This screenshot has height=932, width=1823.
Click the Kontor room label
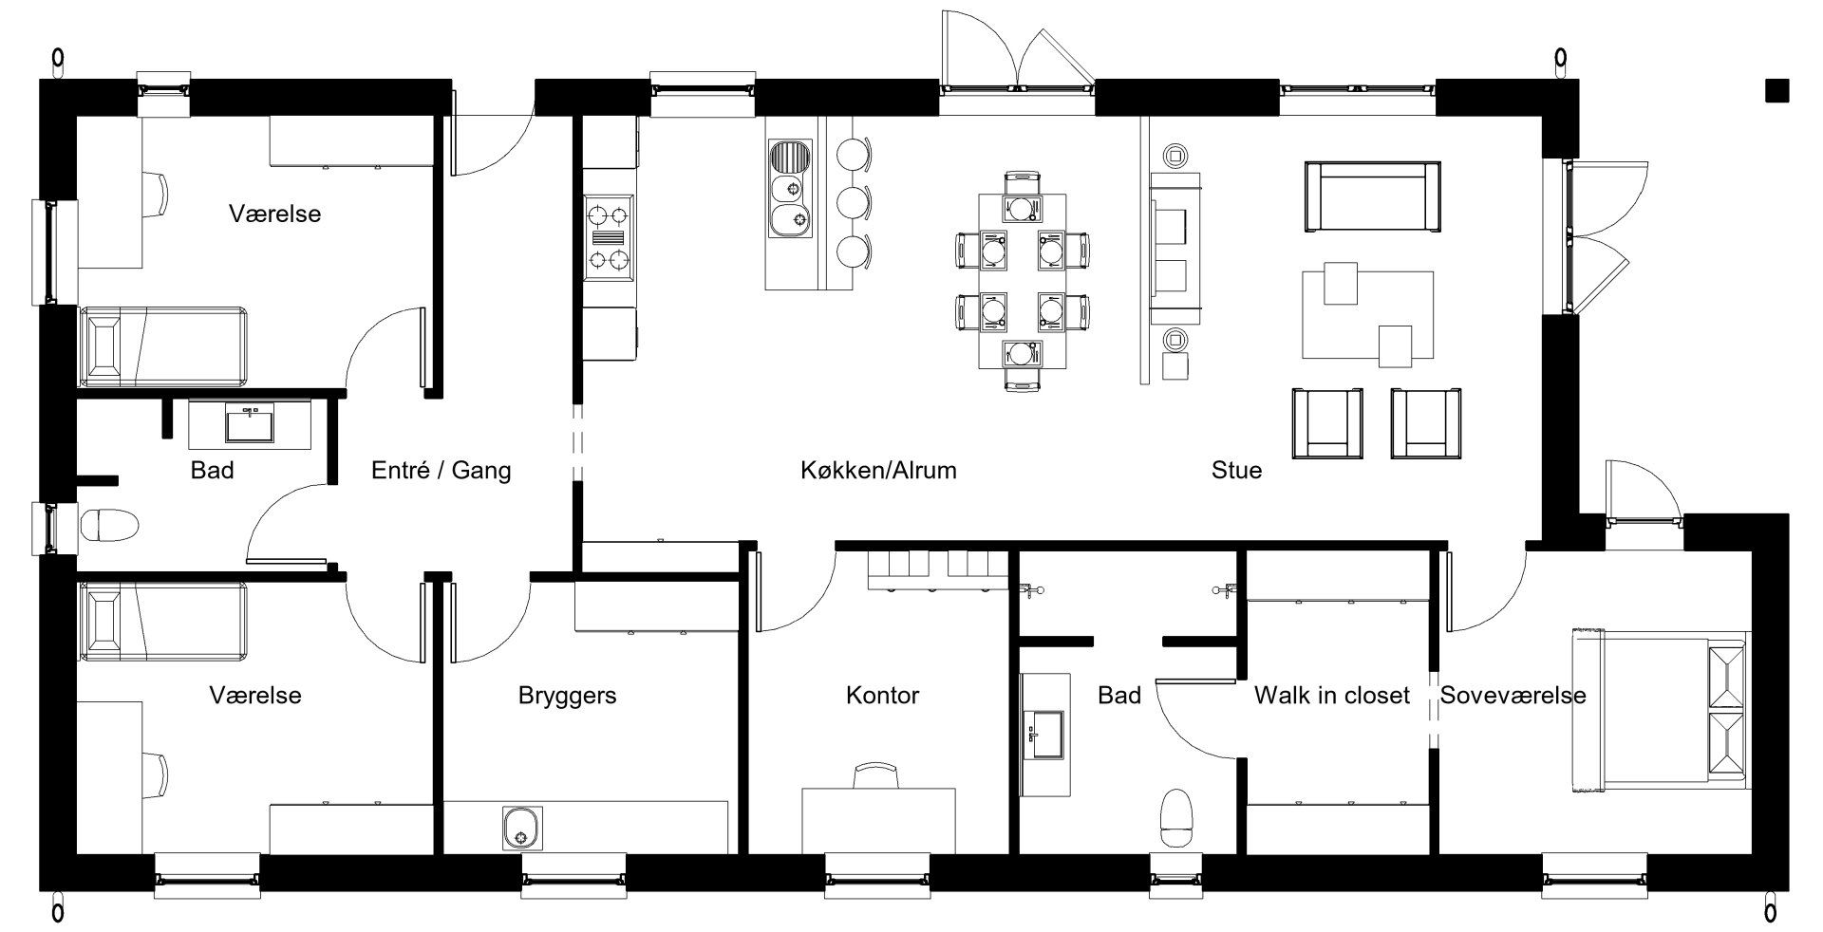[x=882, y=696]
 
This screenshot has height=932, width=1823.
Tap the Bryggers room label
[x=567, y=696]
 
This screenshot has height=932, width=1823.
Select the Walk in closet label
[x=1331, y=696]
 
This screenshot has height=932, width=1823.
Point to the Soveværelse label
[x=1513, y=696]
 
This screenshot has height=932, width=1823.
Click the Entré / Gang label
[x=441, y=470]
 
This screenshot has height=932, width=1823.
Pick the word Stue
[x=1236, y=470]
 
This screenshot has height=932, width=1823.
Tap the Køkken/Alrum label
[x=878, y=470]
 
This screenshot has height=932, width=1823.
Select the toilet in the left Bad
[x=110, y=524]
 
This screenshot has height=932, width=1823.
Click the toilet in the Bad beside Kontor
[x=1177, y=817]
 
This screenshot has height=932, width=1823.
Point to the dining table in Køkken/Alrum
[x=1021, y=281]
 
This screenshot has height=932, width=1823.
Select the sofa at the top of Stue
[x=1372, y=196]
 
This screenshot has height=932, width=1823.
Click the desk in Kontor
[x=878, y=819]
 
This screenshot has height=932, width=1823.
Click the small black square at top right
[x=1776, y=90]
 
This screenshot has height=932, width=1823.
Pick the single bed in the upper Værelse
[x=163, y=346]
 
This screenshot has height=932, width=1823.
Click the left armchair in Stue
[x=1327, y=421]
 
